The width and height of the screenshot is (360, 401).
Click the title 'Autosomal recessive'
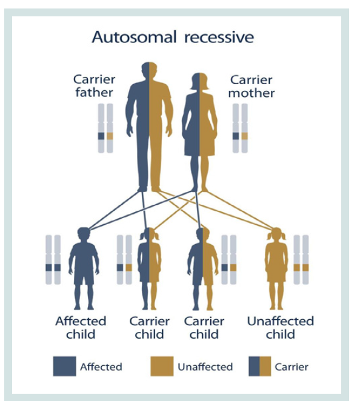click(x=173, y=38)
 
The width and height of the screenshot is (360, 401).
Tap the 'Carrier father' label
click(x=94, y=86)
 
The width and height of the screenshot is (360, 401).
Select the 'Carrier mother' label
click(x=252, y=87)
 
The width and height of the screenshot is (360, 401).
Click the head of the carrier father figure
click(x=149, y=70)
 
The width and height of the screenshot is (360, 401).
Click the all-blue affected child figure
click(x=84, y=268)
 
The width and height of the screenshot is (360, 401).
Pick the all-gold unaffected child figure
click(x=276, y=268)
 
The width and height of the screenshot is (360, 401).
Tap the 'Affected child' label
click(x=81, y=328)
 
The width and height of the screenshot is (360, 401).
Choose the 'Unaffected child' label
click(x=281, y=328)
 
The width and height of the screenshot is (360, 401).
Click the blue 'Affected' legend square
click(x=64, y=366)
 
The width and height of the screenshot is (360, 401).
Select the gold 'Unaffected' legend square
click(x=162, y=366)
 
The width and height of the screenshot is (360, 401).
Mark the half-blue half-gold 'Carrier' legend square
click(x=260, y=366)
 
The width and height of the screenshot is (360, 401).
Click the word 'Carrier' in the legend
click(x=292, y=367)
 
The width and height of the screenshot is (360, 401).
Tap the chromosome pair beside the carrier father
click(x=105, y=128)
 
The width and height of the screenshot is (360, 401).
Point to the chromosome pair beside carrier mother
click(x=240, y=128)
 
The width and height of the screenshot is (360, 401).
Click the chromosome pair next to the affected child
click(x=53, y=260)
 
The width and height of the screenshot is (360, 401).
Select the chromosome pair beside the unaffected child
click(x=301, y=260)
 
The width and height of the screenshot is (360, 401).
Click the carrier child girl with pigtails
click(x=149, y=268)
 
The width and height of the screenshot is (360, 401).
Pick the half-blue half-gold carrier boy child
click(x=202, y=268)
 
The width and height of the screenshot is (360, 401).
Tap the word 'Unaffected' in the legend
click(x=205, y=367)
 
